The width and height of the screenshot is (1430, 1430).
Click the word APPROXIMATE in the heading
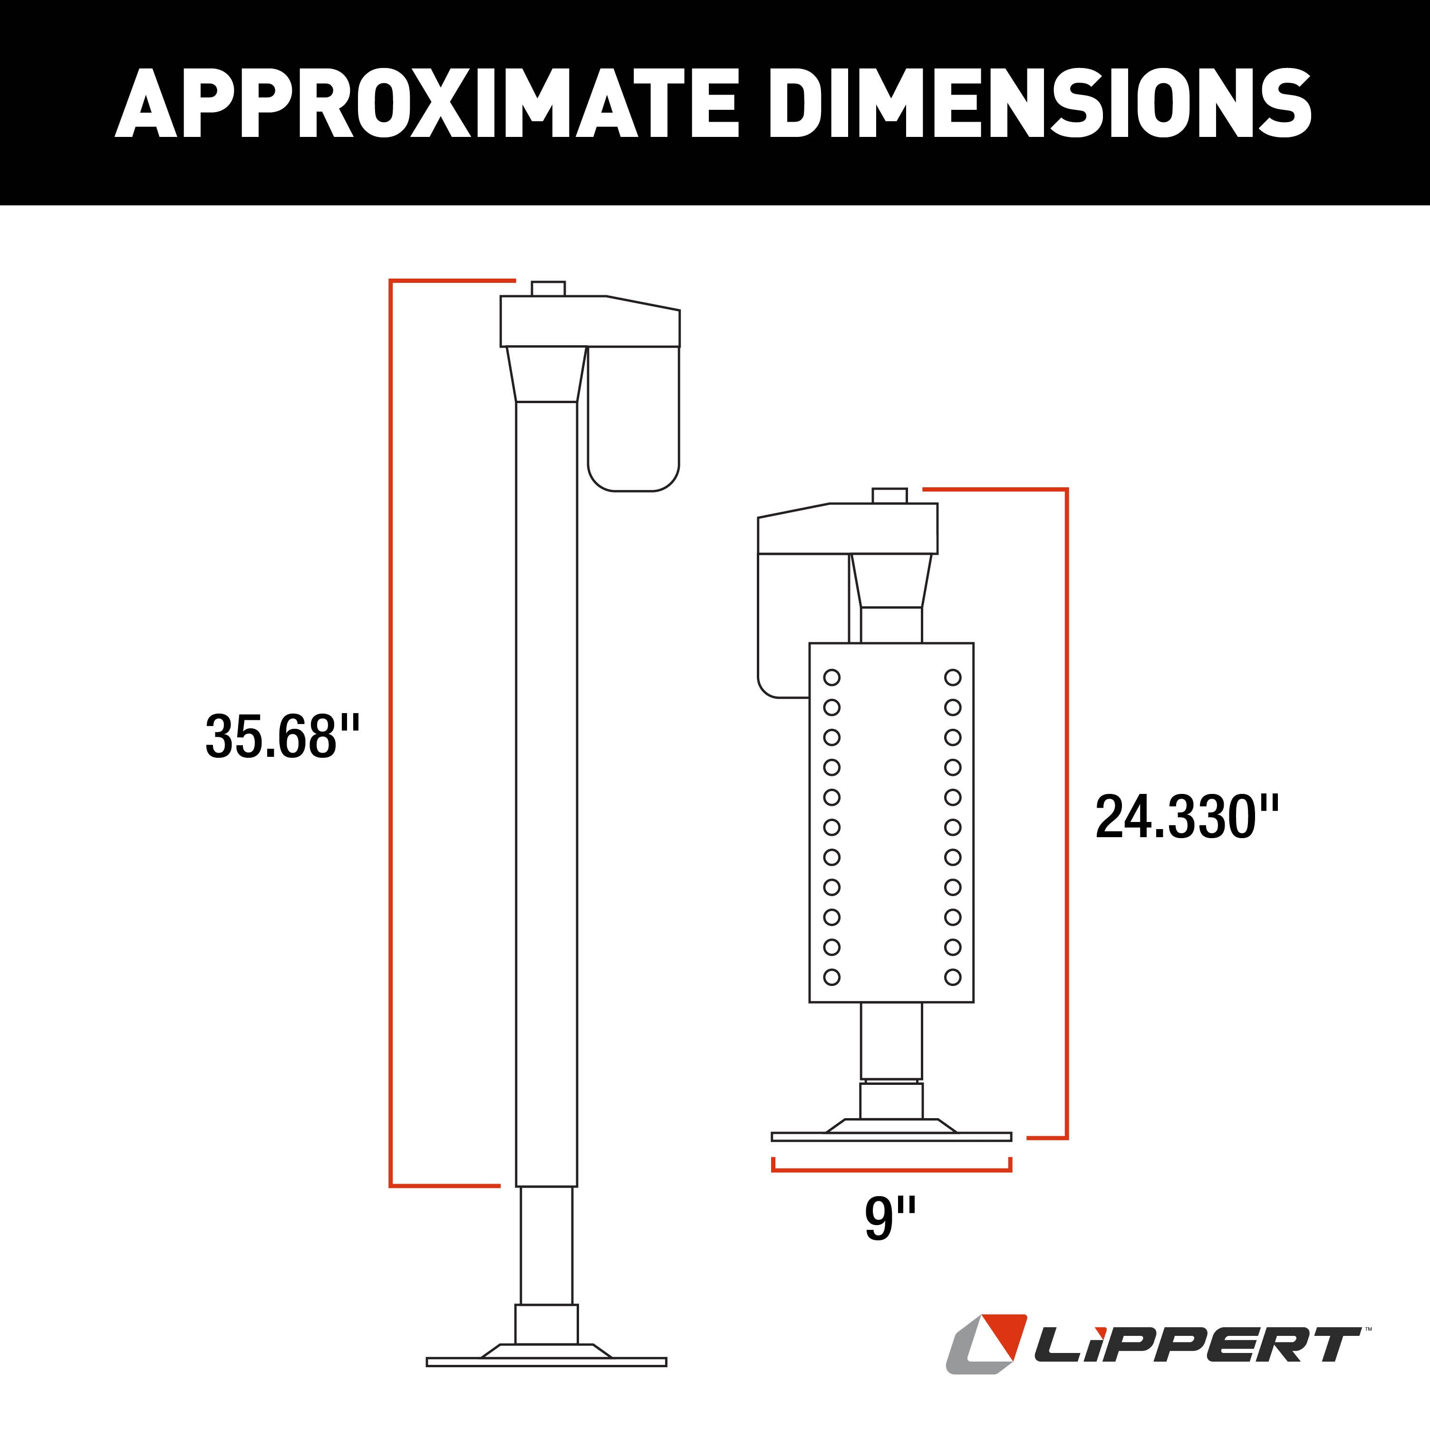point(425,104)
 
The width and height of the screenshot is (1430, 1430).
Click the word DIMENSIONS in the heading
point(1040,104)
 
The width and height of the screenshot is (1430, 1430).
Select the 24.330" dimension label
point(1187,817)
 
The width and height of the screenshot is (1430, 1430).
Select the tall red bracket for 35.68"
point(391,733)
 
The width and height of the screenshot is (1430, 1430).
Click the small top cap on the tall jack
point(548,288)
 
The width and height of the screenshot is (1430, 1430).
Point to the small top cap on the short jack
point(889,495)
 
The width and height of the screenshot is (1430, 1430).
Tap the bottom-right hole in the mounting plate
point(953,977)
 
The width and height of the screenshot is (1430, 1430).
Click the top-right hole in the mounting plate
point(953,677)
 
